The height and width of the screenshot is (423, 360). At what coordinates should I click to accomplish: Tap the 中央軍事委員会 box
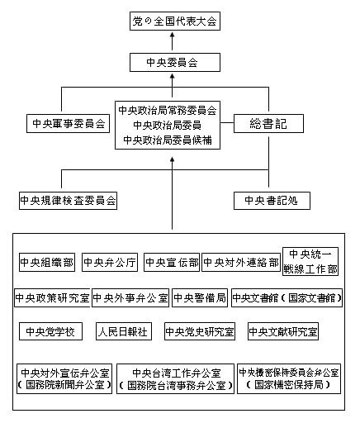point(69,124)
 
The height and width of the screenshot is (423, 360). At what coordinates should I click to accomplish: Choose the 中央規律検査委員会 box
point(68,200)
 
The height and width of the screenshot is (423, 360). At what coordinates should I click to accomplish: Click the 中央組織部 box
point(47,263)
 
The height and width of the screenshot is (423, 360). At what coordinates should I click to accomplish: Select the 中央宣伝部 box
point(171,263)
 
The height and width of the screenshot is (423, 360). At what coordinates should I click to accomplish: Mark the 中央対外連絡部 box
point(240,263)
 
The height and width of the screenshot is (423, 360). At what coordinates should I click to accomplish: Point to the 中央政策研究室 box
point(51,297)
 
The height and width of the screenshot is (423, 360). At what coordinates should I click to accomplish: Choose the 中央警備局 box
point(199,297)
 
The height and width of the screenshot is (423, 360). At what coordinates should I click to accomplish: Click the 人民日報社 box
point(123,331)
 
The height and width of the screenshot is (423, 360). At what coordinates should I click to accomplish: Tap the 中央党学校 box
point(51,331)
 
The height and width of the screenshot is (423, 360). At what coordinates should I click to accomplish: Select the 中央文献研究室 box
point(283,331)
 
